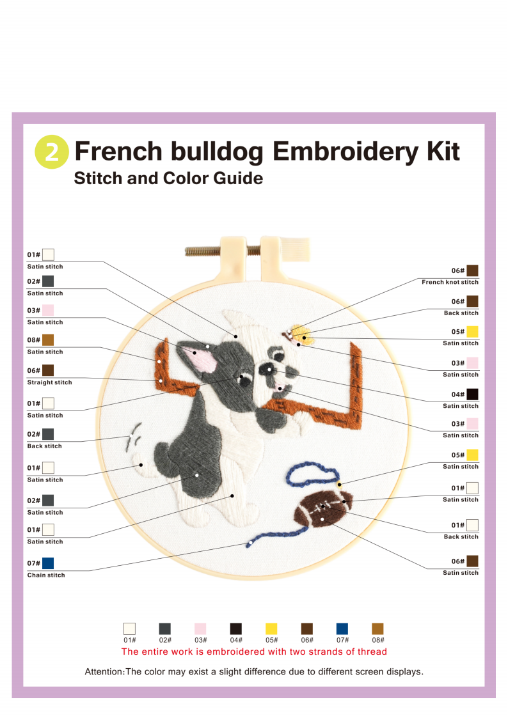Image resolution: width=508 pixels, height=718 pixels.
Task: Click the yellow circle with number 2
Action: [52, 152]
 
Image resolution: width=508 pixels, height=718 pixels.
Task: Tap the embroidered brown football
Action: [323, 508]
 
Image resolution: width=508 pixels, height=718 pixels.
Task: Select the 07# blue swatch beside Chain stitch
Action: [48, 563]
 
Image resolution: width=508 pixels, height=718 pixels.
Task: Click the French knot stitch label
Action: [450, 282]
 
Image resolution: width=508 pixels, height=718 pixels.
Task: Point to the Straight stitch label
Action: [49, 382]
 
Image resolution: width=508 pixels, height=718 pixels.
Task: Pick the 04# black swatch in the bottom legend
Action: [236, 628]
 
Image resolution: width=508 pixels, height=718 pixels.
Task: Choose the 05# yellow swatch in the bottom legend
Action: [272, 628]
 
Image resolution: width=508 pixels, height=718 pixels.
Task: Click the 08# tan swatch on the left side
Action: [48, 339]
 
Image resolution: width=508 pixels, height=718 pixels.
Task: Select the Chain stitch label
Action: [46, 575]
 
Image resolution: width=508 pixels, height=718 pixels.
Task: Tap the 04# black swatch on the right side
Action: [472, 394]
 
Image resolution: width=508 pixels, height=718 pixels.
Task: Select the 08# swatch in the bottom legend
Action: [378, 628]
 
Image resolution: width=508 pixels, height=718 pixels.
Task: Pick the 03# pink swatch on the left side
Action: [48, 310]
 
